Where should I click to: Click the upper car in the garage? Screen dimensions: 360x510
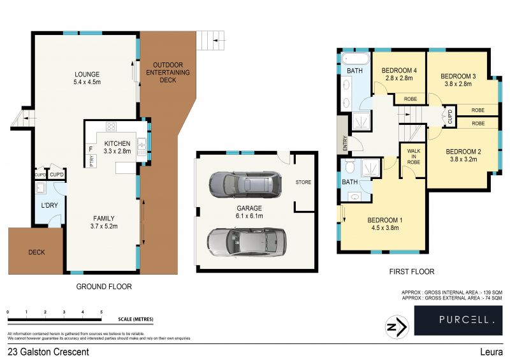click(245, 185)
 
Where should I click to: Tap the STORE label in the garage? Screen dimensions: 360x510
click(303, 183)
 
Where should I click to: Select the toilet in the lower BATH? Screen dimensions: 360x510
click(349, 167)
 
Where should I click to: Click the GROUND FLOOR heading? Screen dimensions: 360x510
click(104, 287)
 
